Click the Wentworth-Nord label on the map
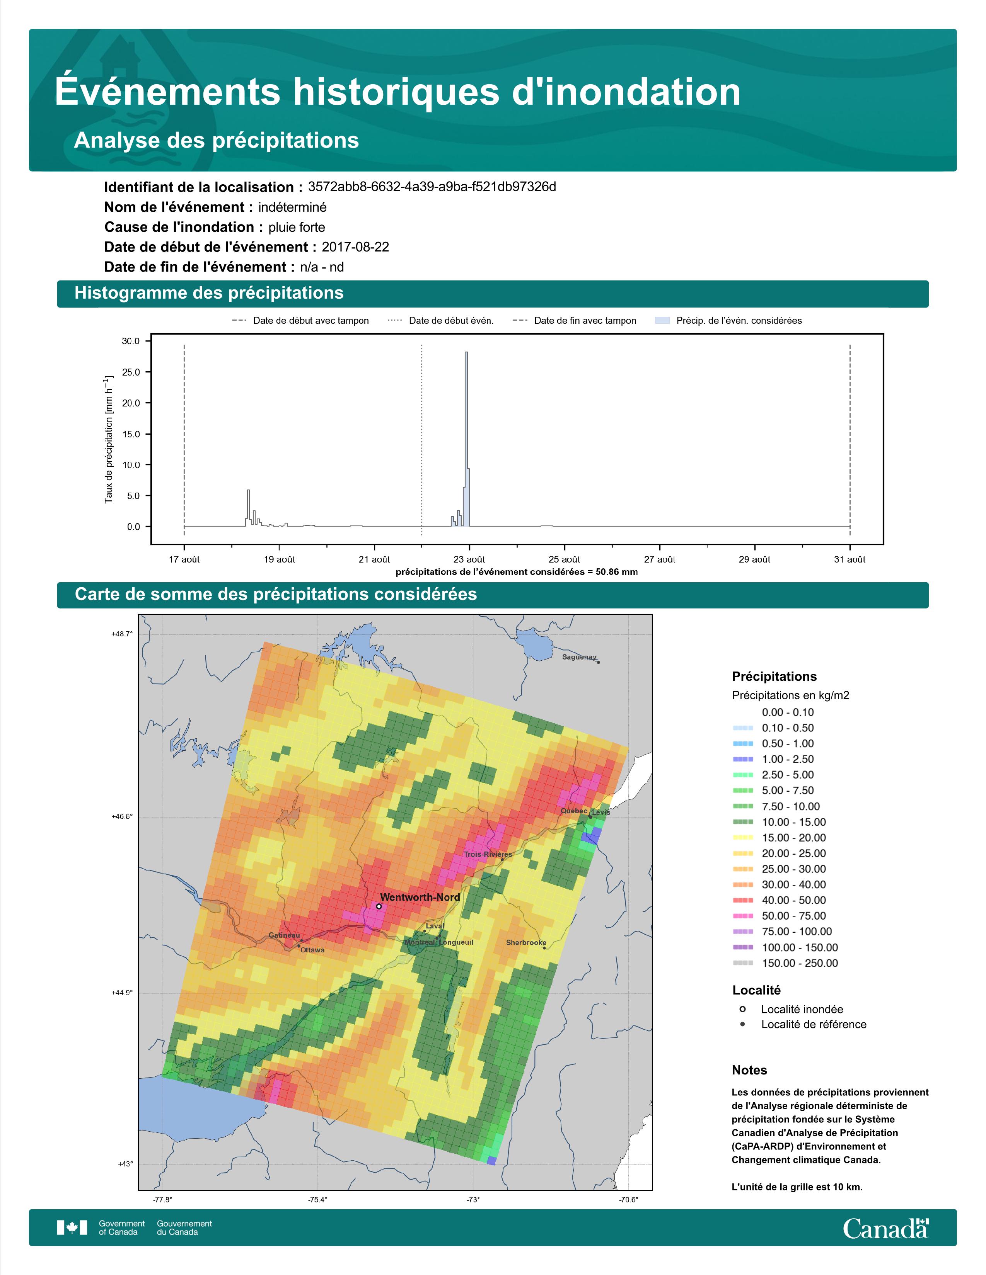click(x=420, y=897)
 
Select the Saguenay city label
click(x=580, y=657)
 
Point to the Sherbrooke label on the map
click(x=526, y=942)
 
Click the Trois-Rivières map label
click(x=488, y=855)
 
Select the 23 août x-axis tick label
click(x=469, y=559)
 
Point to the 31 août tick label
click(x=850, y=559)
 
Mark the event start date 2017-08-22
click(x=355, y=247)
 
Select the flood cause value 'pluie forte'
click(x=297, y=227)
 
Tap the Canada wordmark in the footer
click(x=885, y=1228)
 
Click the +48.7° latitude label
click(x=122, y=633)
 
